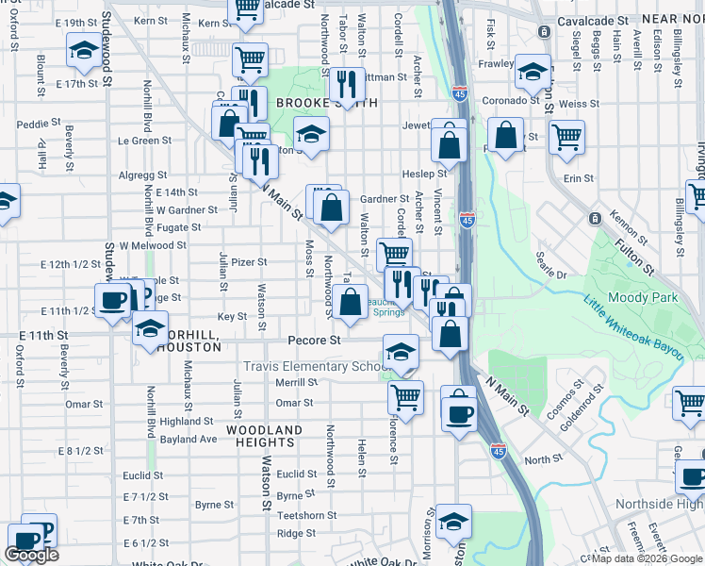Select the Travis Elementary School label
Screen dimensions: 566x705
315,367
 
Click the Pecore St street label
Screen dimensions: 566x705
315,340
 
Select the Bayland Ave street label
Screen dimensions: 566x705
189,439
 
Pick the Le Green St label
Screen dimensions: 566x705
144,141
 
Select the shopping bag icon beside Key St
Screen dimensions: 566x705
350,303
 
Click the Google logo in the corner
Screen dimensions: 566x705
32,555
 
